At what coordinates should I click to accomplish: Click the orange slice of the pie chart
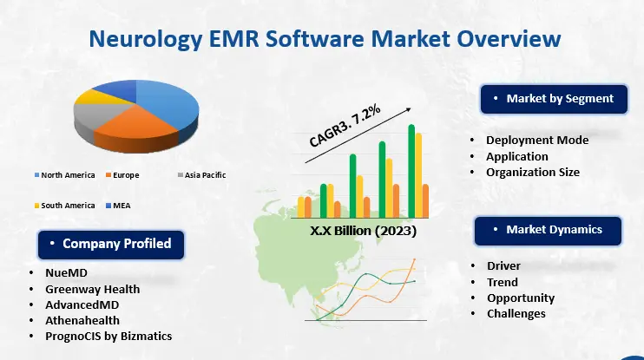[x=127, y=134]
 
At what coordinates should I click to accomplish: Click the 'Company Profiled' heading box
[x=109, y=244]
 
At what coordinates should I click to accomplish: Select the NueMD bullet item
[x=66, y=272]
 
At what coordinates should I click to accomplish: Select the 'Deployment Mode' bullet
[x=536, y=141]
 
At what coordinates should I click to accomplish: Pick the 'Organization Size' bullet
[x=532, y=172]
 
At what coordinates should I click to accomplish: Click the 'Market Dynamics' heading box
[x=549, y=230]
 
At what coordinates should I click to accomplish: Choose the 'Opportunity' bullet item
[x=520, y=298]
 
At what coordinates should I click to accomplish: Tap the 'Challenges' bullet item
[x=516, y=313]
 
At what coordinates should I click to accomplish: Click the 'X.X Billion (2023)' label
[x=365, y=232]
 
